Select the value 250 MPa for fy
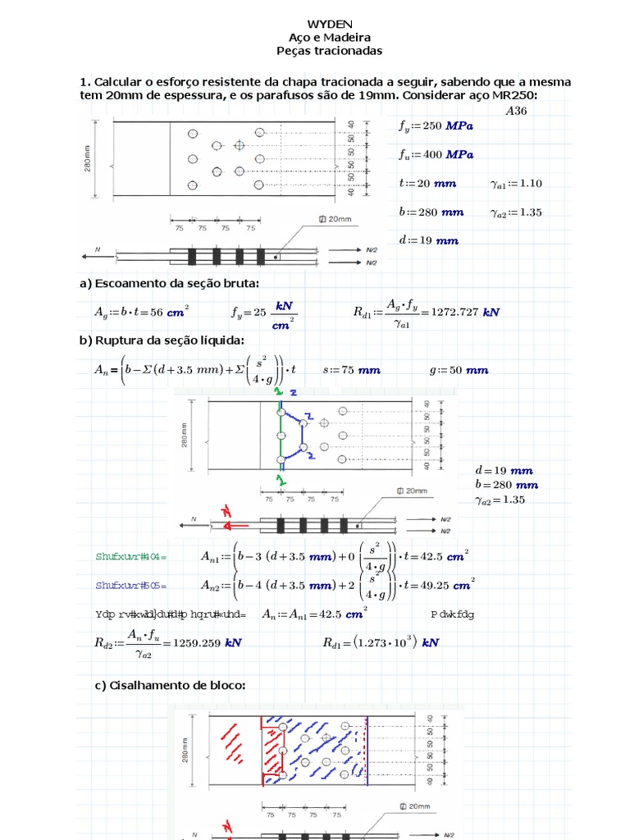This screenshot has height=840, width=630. (x=448, y=126)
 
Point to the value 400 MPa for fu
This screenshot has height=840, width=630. (x=448, y=154)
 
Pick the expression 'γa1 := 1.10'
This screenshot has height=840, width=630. (x=516, y=183)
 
